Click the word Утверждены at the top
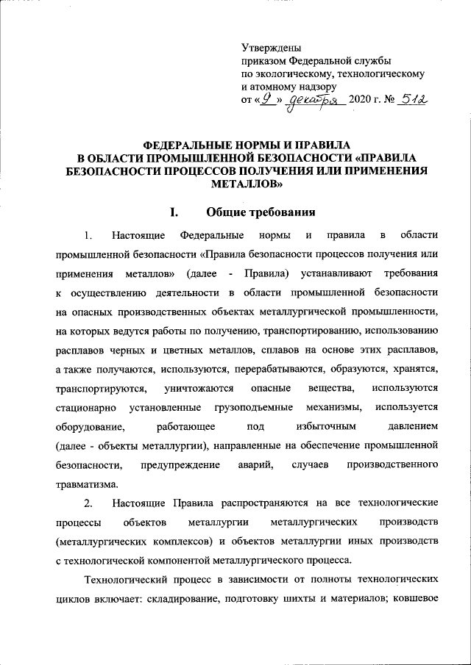tap(268, 48)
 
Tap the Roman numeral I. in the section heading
tap(175, 213)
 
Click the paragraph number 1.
tap(88, 235)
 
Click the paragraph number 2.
tap(88, 503)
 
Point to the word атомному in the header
tap(275, 87)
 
